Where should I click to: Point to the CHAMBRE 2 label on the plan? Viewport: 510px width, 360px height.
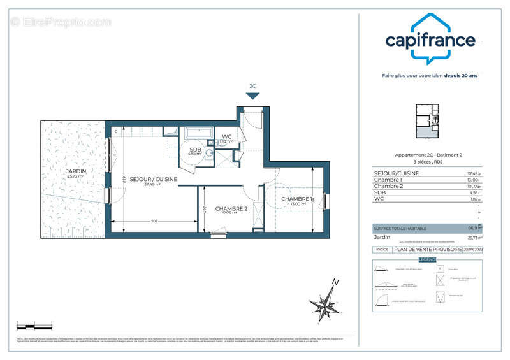(x=231, y=208)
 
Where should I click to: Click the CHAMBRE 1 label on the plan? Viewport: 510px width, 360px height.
(x=297, y=199)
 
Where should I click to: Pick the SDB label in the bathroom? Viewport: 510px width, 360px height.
(x=194, y=149)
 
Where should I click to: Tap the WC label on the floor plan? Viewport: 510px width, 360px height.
(x=226, y=136)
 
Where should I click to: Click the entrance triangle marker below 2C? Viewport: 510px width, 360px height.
(x=253, y=96)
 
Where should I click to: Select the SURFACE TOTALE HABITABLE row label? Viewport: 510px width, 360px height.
(x=399, y=228)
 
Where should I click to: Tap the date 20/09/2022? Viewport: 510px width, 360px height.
(x=472, y=250)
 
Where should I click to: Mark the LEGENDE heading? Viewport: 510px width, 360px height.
(x=427, y=260)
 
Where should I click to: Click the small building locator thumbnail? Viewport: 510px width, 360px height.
(x=427, y=121)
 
